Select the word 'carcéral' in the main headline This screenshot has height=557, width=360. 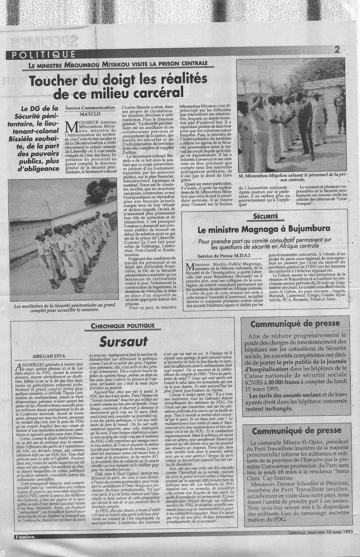click(x=153, y=93)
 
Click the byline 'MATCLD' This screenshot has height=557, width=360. click(x=89, y=114)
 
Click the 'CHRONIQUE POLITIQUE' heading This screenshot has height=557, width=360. click(x=122, y=326)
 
